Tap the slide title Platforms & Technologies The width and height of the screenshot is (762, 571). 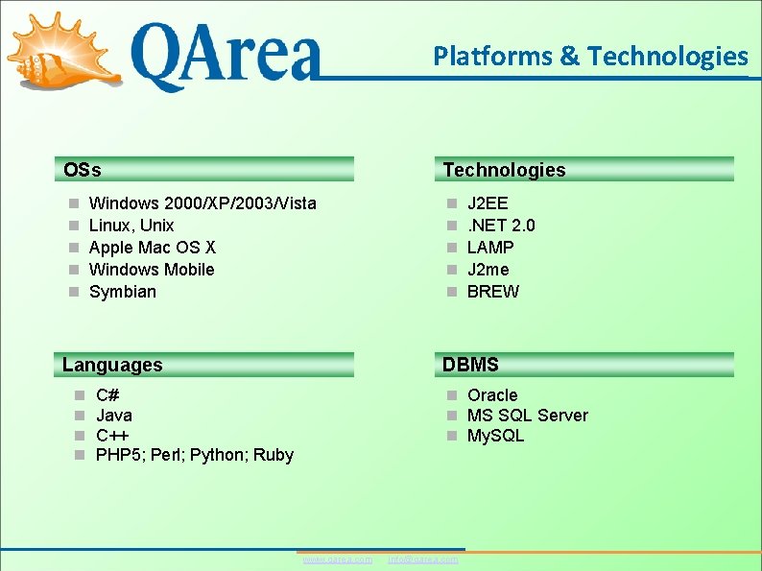[590, 57]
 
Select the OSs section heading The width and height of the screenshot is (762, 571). [83, 171]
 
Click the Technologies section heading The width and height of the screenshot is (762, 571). [504, 171]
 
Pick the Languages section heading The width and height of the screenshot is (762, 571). [112, 365]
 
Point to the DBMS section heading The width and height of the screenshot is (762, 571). [470, 365]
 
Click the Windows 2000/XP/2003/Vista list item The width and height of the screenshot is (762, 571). [202, 203]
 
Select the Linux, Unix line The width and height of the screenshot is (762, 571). [131, 226]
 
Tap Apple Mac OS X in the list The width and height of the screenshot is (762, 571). [152, 248]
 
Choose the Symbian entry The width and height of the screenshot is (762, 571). [122, 292]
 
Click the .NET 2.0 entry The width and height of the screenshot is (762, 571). [501, 226]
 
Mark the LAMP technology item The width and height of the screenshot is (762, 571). [490, 248]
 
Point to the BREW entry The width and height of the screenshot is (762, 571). [492, 292]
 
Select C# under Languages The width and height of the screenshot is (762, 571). [107, 395]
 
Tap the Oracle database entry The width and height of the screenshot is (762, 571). [491, 395]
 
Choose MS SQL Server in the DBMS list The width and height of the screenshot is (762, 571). [527, 416]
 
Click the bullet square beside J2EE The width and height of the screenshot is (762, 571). [452, 204]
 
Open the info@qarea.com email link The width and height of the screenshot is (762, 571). [422, 559]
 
